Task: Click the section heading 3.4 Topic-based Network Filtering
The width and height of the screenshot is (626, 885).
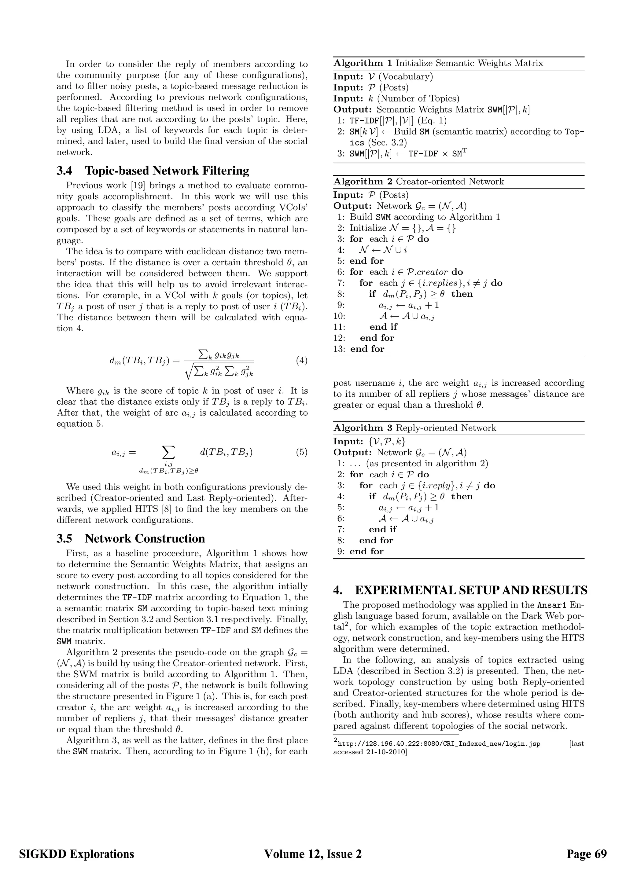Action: (x=153, y=171)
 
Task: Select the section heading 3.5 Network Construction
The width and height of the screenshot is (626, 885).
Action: (x=131, y=538)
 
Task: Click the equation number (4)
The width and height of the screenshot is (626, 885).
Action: (x=301, y=361)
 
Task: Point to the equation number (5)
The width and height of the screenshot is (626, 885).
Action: (x=301, y=452)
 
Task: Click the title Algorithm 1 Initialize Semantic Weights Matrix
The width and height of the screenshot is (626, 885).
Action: (x=438, y=63)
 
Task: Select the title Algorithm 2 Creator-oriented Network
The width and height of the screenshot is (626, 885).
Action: (x=419, y=182)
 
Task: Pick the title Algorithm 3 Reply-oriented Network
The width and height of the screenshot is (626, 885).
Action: (x=415, y=428)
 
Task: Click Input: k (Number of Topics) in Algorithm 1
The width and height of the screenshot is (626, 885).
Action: (x=396, y=99)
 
